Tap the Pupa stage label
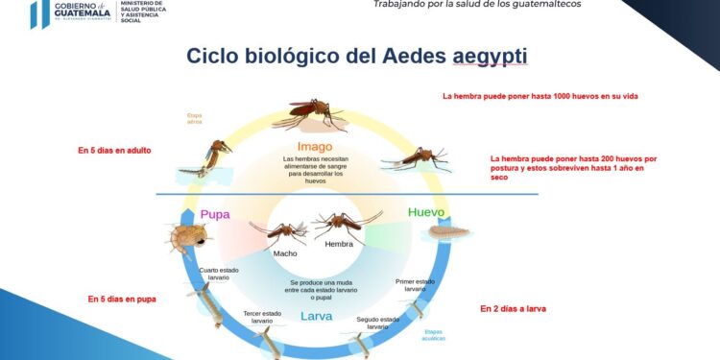pyautogui.click(x=215, y=214)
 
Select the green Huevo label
pyautogui.click(x=427, y=211)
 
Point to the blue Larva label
pyautogui.click(x=316, y=316)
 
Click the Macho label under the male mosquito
pyautogui.click(x=285, y=253)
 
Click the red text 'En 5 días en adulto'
pyautogui.click(x=114, y=151)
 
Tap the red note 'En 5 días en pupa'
pyautogui.click(x=122, y=299)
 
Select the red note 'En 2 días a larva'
pyautogui.click(x=520, y=308)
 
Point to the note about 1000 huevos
pyautogui.click(x=540, y=97)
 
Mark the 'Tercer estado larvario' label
pyautogui.click(x=262, y=316)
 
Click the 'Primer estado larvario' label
pyautogui.click(x=416, y=284)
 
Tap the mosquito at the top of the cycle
pyautogui.click(x=309, y=115)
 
